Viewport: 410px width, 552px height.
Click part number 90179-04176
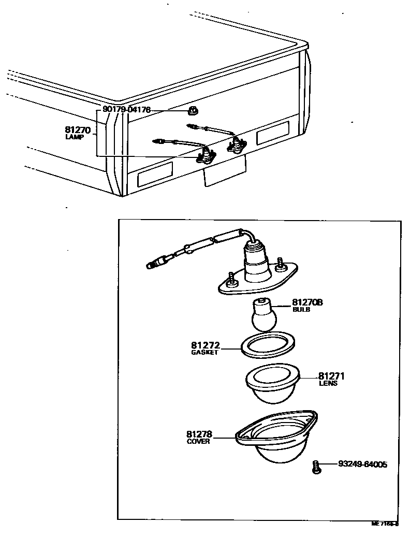(126, 109)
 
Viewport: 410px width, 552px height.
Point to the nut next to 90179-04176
(194, 110)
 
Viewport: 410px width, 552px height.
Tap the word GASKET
(204, 352)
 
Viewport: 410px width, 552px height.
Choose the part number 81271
(331, 376)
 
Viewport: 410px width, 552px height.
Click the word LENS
(328, 384)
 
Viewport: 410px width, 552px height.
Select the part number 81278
(199, 434)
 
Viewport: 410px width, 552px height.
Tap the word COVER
(198, 442)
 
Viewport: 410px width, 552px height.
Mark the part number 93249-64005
(362, 464)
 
